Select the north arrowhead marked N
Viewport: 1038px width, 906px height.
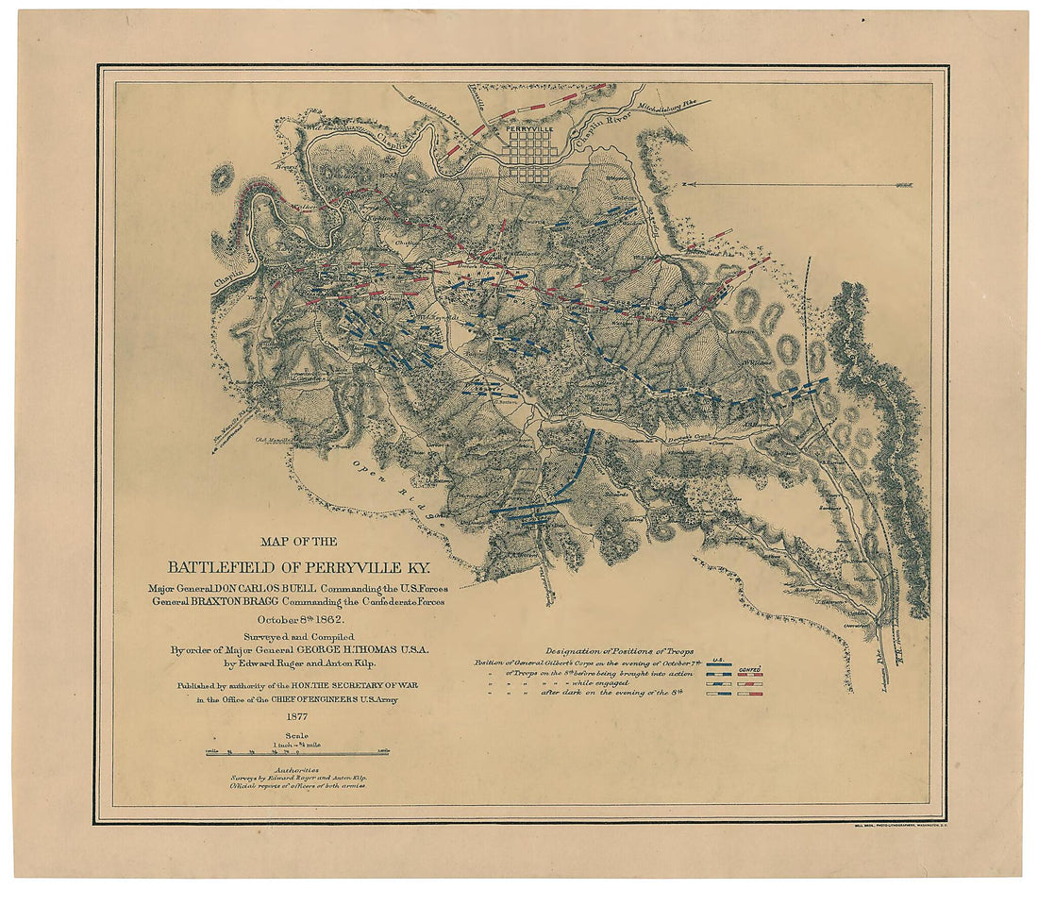point(683,184)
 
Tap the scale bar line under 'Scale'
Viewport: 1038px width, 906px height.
point(298,752)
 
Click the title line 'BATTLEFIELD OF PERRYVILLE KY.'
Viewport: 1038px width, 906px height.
point(297,567)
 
